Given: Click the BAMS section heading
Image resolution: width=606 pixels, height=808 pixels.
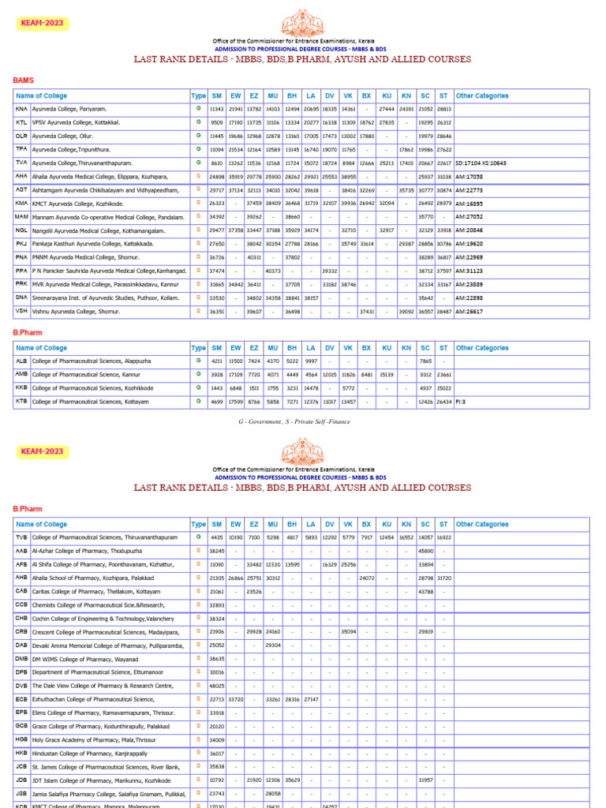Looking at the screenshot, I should click(24, 80).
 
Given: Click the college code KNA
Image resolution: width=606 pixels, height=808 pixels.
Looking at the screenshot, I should click(21, 109).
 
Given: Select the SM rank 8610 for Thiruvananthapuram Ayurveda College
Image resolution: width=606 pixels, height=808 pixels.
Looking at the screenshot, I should click(217, 163).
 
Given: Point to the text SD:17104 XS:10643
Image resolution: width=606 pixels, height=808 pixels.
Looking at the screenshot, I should click(481, 163).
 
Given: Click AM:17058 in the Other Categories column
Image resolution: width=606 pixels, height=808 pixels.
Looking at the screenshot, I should click(469, 177).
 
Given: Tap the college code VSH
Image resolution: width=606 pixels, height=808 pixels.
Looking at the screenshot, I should click(21, 312).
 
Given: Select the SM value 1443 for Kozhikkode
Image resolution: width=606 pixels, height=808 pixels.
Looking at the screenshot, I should click(217, 388).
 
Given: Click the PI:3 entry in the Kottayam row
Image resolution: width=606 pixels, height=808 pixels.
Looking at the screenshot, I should click(461, 402).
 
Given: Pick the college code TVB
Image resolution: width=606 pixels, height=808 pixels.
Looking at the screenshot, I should click(21, 537).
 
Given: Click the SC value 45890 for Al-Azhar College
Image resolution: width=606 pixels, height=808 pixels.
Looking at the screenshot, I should click(426, 551).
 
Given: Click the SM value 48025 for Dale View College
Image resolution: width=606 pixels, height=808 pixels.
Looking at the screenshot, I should click(217, 686).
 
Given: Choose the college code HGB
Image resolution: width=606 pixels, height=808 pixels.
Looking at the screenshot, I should click(21, 740).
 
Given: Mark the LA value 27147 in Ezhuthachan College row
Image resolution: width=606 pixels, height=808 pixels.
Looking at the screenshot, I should click(311, 699).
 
